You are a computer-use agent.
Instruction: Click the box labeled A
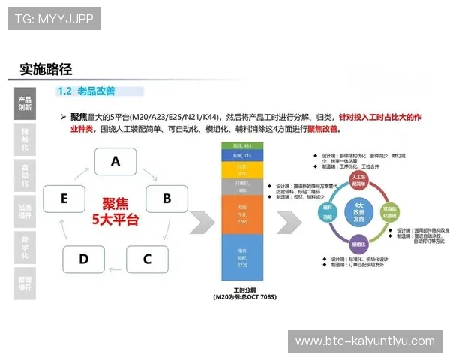click(x=115, y=161)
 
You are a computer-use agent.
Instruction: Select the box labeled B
click(x=166, y=199)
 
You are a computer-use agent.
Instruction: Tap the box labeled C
click(x=147, y=259)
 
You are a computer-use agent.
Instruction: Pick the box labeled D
click(x=83, y=259)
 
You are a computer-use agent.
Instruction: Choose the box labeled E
click(x=64, y=199)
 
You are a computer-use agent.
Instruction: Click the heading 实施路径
click(x=46, y=69)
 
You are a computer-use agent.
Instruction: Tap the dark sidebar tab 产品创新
click(x=25, y=103)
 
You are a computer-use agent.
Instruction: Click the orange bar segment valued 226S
click(x=242, y=215)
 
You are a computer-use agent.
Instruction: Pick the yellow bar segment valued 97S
click(x=242, y=170)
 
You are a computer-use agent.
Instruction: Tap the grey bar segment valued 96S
click(x=242, y=187)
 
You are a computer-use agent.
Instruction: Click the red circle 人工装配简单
click(x=358, y=181)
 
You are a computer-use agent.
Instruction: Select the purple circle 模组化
click(x=358, y=242)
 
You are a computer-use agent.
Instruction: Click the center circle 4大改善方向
click(x=358, y=211)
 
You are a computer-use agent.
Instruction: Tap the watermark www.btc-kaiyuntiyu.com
click(x=365, y=341)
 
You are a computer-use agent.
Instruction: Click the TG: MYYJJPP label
click(x=53, y=19)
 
